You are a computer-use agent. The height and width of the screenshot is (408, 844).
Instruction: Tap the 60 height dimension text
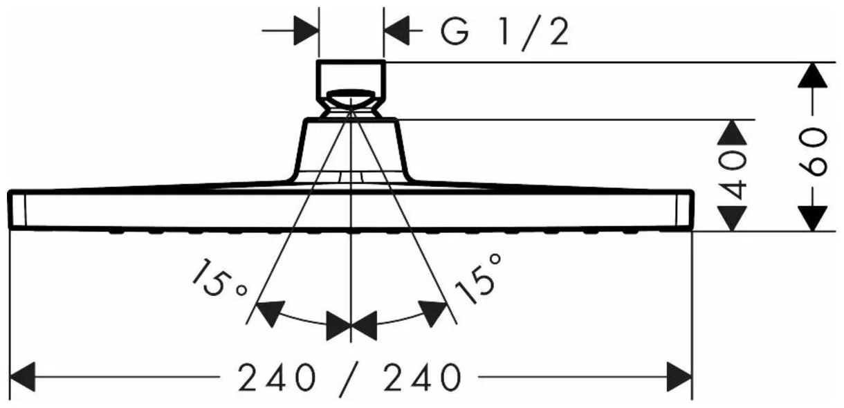tap(813, 152)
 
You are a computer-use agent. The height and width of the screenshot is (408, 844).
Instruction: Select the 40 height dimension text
tap(732, 175)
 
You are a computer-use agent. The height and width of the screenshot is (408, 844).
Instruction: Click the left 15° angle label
tap(219, 278)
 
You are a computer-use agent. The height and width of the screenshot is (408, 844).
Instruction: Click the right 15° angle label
tap(479, 278)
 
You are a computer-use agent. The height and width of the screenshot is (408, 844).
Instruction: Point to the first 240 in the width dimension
tap(276, 377)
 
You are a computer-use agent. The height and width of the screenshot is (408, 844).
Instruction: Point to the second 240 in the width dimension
tap(422, 377)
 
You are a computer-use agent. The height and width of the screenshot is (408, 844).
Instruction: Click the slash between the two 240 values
tap(349, 378)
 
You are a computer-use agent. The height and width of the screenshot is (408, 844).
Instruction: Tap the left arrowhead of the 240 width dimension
tap(22, 376)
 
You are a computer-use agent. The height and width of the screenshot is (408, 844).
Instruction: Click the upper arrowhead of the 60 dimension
tap(813, 75)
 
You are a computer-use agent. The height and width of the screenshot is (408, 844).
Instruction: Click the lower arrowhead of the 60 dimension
tap(813, 219)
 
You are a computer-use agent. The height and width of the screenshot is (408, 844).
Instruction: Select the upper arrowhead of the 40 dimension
tap(732, 133)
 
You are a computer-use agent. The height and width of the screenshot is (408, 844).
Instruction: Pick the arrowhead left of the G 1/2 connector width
tap(306, 30)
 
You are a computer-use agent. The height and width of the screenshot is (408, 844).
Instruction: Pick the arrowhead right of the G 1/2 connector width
tap(397, 30)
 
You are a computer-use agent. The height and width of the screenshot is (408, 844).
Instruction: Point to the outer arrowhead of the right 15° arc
tap(432, 313)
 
